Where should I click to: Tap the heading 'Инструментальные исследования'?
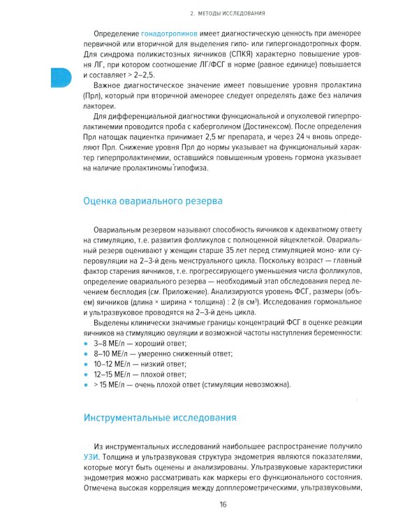point(159,418)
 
